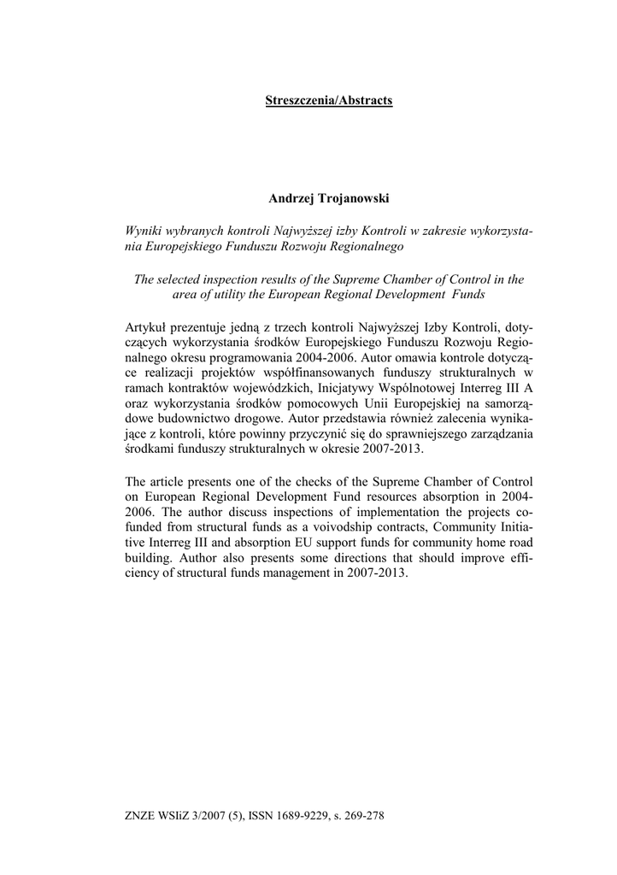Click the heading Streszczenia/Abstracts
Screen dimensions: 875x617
tap(329, 101)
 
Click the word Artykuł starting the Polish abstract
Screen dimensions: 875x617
tap(147, 326)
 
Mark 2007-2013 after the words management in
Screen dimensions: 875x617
tap(380, 574)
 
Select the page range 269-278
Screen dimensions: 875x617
tap(365, 815)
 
